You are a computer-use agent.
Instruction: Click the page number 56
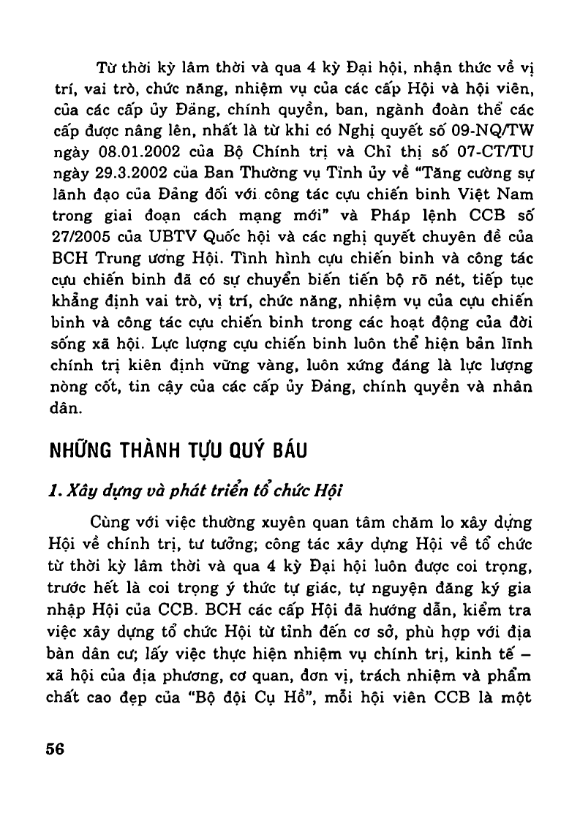(x=55, y=749)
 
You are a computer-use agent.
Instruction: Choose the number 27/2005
(x=82, y=235)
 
